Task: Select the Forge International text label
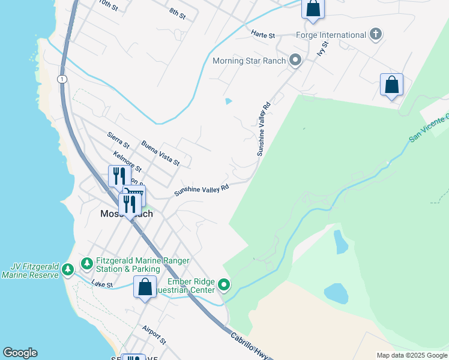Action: pyautogui.click(x=331, y=35)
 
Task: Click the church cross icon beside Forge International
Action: pyautogui.click(x=376, y=35)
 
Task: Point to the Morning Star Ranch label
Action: pyautogui.click(x=249, y=61)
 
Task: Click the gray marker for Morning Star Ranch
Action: pyautogui.click(x=295, y=60)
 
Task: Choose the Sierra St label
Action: pyautogui.click(x=118, y=140)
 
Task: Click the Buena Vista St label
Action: pyautogui.click(x=160, y=152)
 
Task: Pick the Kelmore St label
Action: pyautogui.click(x=127, y=161)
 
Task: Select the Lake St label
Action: pyautogui.click(x=102, y=284)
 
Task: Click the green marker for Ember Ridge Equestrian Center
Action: pyautogui.click(x=224, y=284)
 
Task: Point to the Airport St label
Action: pyautogui.click(x=154, y=334)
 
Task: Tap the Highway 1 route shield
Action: pyautogui.click(x=62, y=79)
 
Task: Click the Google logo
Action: pyautogui.click(x=20, y=353)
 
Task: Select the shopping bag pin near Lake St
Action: pyautogui.click(x=145, y=287)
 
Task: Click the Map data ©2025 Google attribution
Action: pyautogui.click(x=412, y=355)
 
